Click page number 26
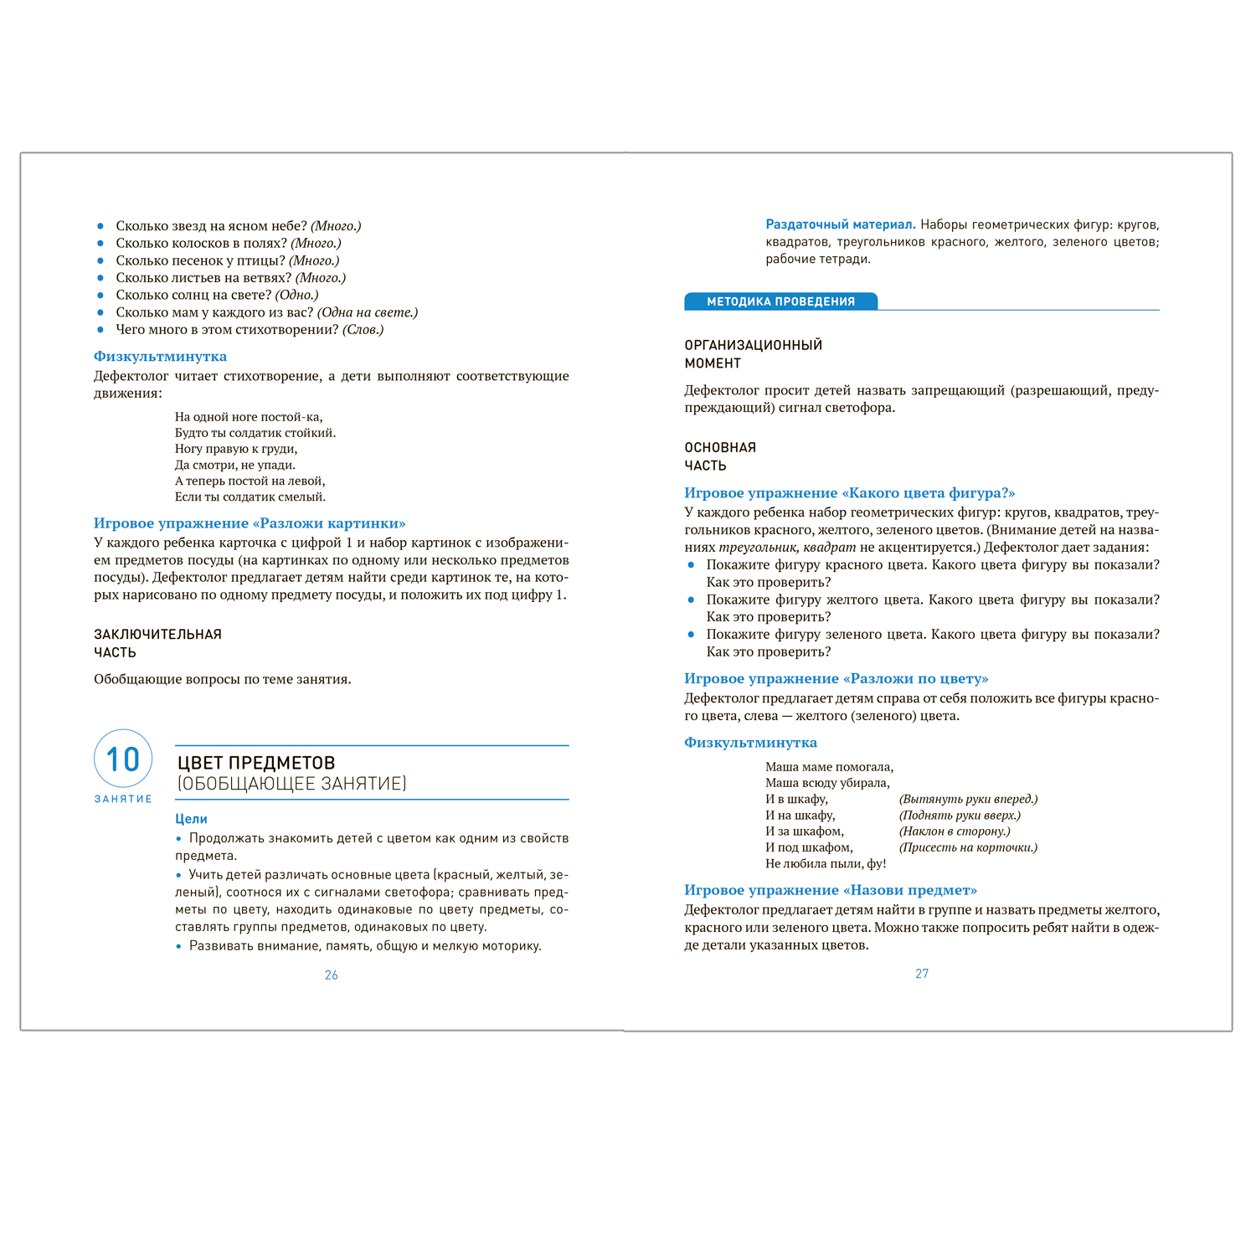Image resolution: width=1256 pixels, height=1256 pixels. pyautogui.click(x=332, y=975)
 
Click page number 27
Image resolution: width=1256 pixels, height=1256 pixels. pyautogui.click(x=922, y=974)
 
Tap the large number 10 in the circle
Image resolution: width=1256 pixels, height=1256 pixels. pyautogui.click(x=123, y=759)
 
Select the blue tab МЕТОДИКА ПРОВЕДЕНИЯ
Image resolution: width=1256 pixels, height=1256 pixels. pyautogui.click(x=780, y=301)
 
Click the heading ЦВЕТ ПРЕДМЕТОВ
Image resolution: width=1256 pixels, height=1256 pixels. pyautogui.click(x=256, y=763)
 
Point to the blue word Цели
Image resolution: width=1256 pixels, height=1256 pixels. pyautogui.click(x=191, y=819)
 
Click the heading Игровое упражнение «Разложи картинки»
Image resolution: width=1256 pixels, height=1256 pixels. pyautogui.click(x=250, y=523)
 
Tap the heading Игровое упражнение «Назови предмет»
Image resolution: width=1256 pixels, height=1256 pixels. pyautogui.click(x=831, y=890)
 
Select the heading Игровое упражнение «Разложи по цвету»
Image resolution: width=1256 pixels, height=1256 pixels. pyautogui.click(x=836, y=678)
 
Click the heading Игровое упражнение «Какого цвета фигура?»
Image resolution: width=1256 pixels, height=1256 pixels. pyautogui.click(x=849, y=493)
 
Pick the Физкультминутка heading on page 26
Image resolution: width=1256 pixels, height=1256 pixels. pyautogui.click(x=160, y=357)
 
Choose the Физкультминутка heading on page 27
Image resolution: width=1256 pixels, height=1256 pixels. pyautogui.click(x=750, y=743)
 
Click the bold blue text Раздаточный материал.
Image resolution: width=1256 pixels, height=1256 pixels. pyautogui.click(x=840, y=224)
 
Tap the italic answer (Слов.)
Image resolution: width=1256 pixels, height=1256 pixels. pyautogui.click(x=363, y=330)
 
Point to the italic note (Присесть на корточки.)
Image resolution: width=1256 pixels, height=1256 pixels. pyautogui.click(x=968, y=847)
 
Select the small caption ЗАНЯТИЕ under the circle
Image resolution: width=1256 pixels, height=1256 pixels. pyautogui.click(x=123, y=799)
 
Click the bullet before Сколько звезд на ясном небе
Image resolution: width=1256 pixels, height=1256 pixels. pyautogui.click(x=100, y=226)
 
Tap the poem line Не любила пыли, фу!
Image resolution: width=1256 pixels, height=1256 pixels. pyautogui.click(x=826, y=863)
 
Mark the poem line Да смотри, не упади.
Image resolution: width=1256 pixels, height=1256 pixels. pyautogui.click(x=234, y=465)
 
